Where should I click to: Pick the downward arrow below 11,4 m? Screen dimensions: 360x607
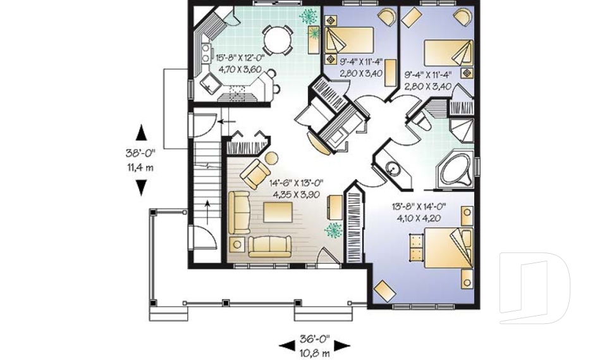click(x=142, y=187)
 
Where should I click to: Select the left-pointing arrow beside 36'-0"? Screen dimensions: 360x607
click(x=287, y=345)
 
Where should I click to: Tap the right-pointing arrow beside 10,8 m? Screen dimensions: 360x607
click(x=342, y=345)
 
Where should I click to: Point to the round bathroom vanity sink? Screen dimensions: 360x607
click(x=393, y=169)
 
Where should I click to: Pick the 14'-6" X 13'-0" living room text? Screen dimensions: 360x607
click(x=294, y=183)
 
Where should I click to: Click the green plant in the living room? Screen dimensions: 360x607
click(x=331, y=230)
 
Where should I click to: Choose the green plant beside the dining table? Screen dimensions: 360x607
click(x=309, y=16)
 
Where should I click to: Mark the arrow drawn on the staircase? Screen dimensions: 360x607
click(x=209, y=212)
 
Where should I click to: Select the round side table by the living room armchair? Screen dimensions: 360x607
click(x=271, y=158)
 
